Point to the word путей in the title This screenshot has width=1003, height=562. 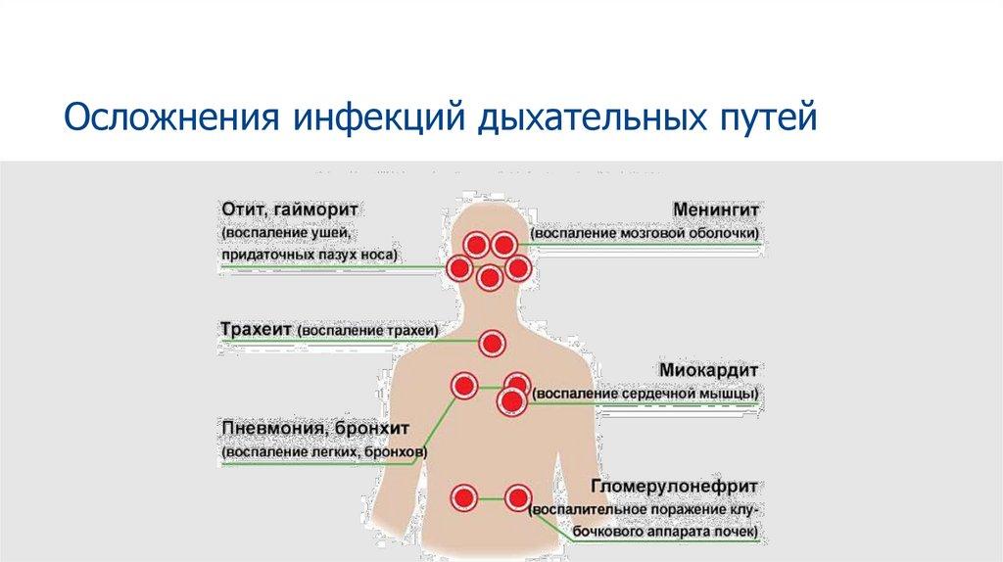pyautogui.click(x=763, y=120)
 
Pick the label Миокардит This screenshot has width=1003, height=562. pyautogui.click(x=710, y=371)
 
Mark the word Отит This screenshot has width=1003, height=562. pyautogui.click(x=242, y=210)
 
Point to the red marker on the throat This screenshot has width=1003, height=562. pyautogui.click(x=492, y=343)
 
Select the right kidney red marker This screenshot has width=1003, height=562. pyautogui.click(x=517, y=498)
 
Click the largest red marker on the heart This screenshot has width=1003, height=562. pyautogui.click(x=511, y=400)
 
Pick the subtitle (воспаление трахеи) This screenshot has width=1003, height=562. pyautogui.click(x=368, y=331)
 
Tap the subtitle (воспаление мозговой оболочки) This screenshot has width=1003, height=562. pyautogui.click(x=646, y=235)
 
